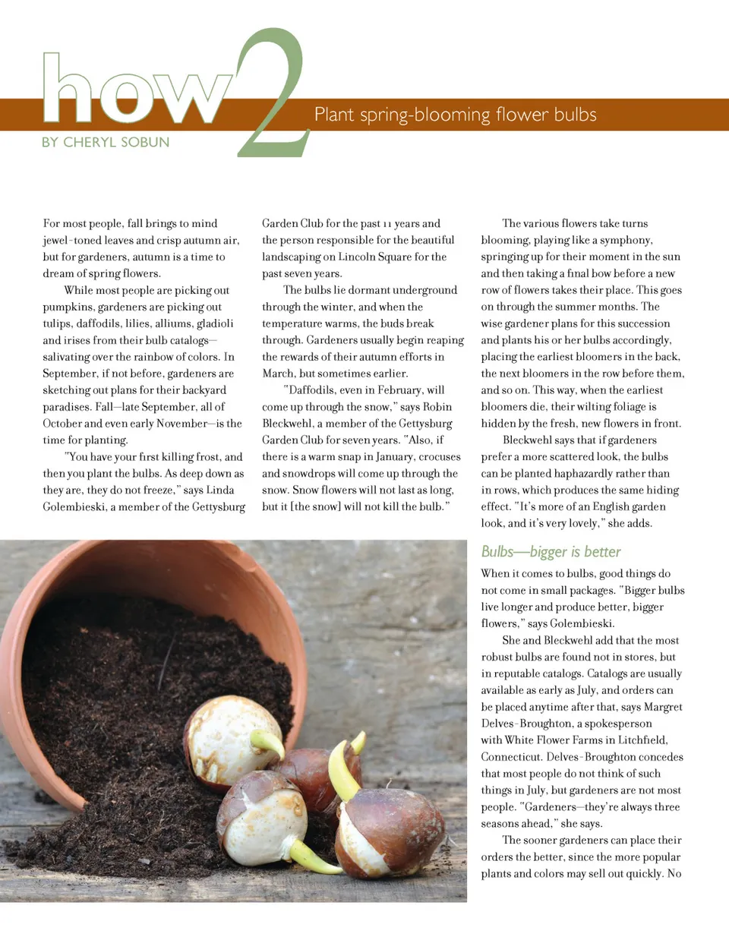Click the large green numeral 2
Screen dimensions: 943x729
coord(272,95)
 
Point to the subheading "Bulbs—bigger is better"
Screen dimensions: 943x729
coord(551,552)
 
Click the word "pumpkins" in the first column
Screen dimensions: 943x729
coord(68,307)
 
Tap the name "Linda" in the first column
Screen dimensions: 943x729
coord(219,490)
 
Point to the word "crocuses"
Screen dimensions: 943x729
coord(434,457)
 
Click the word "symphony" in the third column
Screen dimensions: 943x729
coord(626,240)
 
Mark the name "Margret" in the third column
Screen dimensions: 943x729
coord(663,707)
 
